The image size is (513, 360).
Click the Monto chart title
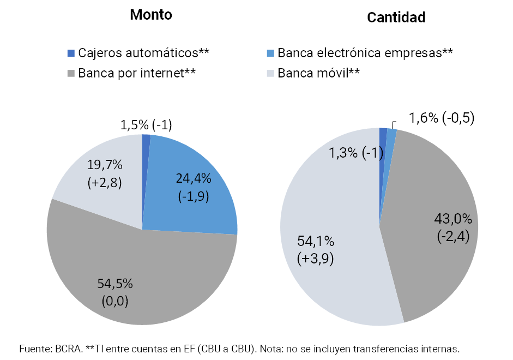[x=151, y=15]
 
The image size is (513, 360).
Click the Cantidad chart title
[x=396, y=17]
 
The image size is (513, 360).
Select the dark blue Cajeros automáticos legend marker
[x=70, y=53]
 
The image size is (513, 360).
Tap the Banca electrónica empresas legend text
[x=365, y=53]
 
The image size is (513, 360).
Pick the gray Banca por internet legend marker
[x=70, y=73]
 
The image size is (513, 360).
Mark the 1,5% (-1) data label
[x=146, y=125]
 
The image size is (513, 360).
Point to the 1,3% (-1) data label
[x=355, y=153]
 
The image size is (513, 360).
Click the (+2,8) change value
[x=104, y=182]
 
